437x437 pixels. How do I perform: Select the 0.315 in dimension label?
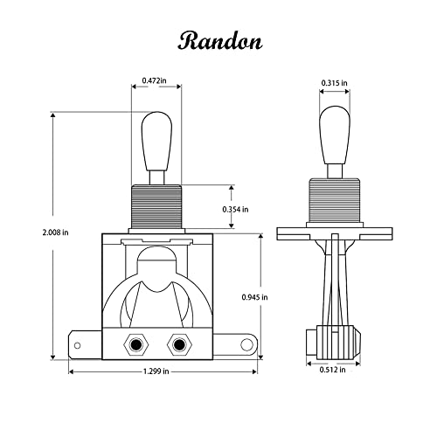point(332,83)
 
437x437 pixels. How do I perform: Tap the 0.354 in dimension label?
point(233,210)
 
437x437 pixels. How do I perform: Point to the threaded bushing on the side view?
point(333,203)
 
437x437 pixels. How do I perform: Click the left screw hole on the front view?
point(136,345)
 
